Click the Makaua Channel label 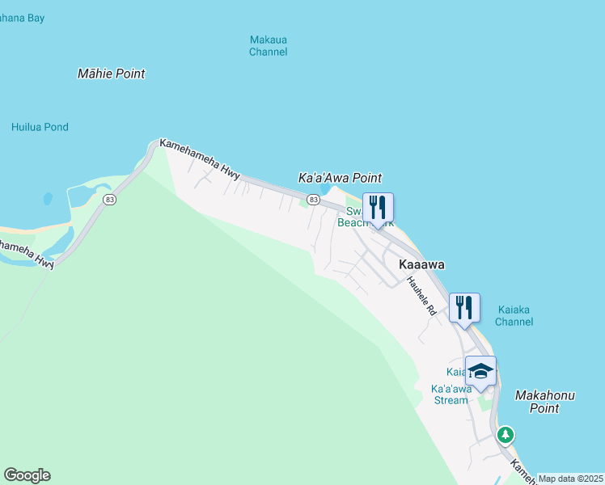tap(268, 46)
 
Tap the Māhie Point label tap(111, 74)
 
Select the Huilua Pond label tap(40, 127)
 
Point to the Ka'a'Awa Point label tap(340, 178)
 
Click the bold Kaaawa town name tap(421, 264)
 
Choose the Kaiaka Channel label tap(514, 315)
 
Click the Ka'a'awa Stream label tap(450, 394)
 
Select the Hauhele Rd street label tap(421, 296)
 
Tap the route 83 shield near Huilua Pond tap(108, 198)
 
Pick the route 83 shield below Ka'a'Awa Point tap(314, 199)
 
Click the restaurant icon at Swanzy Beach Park tap(377, 208)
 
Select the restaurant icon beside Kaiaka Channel tap(464, 307)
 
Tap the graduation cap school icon tap(480, 371)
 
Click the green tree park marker tap(506, 436)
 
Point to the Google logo tap(27, 475)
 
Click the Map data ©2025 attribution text tap(570, 479)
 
